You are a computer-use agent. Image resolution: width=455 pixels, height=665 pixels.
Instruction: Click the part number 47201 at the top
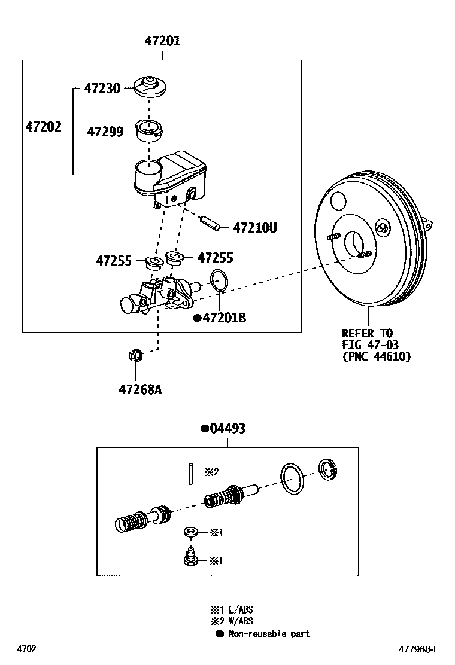(x=162, y=41)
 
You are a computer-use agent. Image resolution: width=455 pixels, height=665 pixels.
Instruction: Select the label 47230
(x=102, y=89)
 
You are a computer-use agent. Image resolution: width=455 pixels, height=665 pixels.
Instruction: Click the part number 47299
(x=105, y=132)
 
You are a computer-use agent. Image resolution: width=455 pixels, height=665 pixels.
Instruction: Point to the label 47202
(x=43, y=127)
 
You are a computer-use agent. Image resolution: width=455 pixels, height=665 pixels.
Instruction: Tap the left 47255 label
(x=114, y=261)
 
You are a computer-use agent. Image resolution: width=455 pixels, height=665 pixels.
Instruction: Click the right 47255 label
(x=215, y=258)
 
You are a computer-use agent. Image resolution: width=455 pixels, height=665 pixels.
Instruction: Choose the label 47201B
(x=223, y=318)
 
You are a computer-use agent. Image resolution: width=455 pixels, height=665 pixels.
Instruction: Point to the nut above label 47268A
(x=135, y=356)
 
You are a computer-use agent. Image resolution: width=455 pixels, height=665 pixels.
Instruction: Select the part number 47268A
(x=140, y=390)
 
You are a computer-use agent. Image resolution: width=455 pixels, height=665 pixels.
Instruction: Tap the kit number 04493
(x=226, y=429)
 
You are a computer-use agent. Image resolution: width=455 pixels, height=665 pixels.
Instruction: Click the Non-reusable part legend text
(x=269, y=634)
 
